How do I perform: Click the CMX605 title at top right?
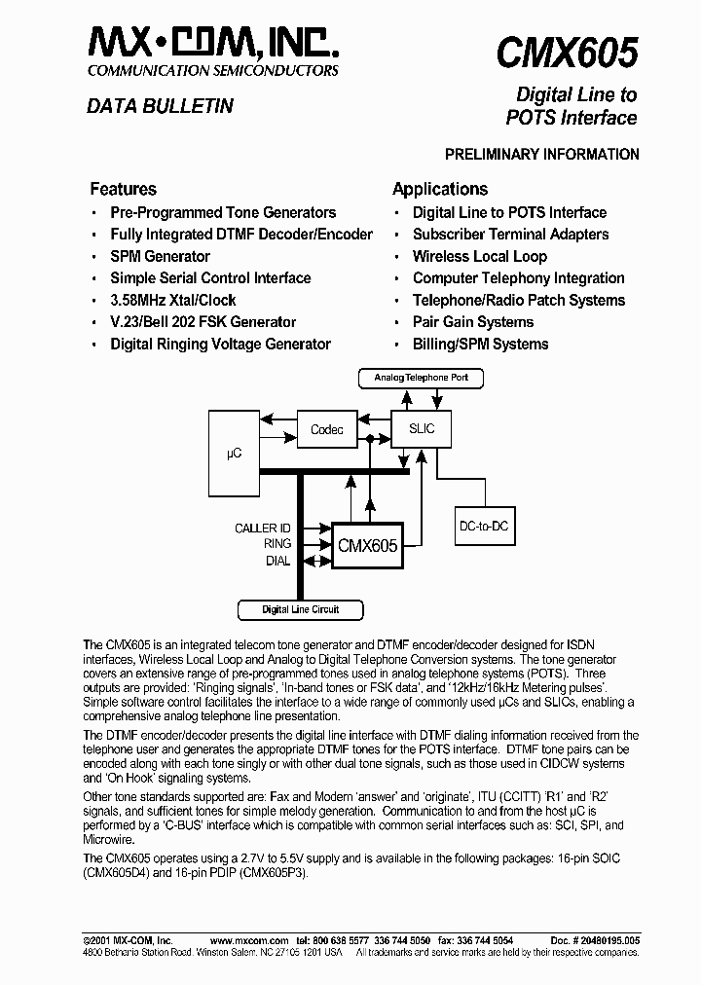(568, 51)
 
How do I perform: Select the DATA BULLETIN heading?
(160, 106)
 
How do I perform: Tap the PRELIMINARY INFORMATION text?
(541, 154)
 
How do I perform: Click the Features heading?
(123, 189)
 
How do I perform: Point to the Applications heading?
(439, 189)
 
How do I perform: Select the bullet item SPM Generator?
(160, 256)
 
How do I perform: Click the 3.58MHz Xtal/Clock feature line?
(172, 300)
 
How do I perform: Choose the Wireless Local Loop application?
(479, 256)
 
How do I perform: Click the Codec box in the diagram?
(327, 429)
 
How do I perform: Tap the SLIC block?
(422, 428)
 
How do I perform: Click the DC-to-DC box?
(483, 527)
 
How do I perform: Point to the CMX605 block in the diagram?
(367, 546)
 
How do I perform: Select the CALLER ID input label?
(263, 529)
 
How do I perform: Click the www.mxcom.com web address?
(249, 941)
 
